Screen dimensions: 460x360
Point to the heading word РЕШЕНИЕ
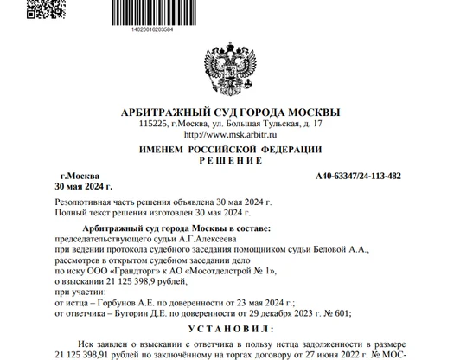click(229, 161)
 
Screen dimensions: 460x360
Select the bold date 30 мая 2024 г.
click(83, 186)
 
